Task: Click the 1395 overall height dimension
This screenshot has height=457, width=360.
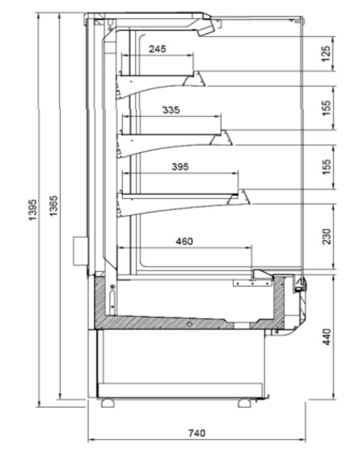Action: coord(33,209)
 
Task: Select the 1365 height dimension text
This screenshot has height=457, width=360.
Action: coord(54,206)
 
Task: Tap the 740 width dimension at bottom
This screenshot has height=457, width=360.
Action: coord(197,433)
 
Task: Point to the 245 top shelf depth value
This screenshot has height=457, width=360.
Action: coord(158,49)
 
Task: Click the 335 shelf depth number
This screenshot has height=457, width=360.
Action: coord(171,110)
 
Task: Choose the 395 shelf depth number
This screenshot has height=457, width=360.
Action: coord(180,167)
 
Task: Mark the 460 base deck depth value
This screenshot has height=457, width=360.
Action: coord(184,241)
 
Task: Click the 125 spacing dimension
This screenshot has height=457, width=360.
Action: coord(326,54)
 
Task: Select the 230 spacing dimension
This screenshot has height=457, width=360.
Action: coord(327,237)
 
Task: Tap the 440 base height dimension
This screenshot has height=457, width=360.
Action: coord(327,337)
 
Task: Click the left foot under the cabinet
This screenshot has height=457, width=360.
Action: coord(107,403)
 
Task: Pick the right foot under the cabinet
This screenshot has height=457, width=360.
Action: coord(244,403)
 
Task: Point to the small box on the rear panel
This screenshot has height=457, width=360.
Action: coord(80,251)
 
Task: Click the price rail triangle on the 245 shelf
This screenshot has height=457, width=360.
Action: coord(194,80)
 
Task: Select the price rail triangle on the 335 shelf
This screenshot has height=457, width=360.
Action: coord(222,138)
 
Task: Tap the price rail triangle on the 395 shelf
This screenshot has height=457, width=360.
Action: coord(239,197)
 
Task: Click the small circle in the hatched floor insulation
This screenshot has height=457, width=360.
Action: coord(190,324)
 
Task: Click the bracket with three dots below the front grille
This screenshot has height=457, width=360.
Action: coord(253,283)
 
